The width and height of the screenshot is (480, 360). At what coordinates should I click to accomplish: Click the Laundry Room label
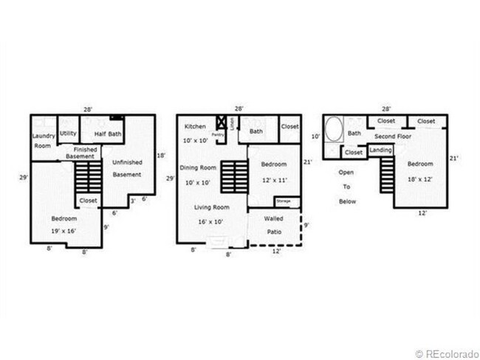pos(44,141)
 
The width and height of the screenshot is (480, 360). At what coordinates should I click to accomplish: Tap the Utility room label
pos(68,134)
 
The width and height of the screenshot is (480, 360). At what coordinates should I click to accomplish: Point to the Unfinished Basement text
pos(126,168)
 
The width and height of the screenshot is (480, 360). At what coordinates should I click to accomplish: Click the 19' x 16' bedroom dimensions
pos(64,231)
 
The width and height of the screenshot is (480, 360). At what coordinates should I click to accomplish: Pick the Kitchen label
pos(196,127)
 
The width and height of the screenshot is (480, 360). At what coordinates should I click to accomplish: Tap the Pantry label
pos(218,135)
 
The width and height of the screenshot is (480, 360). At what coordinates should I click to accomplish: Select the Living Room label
pos(210,207)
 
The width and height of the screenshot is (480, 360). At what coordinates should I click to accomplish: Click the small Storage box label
pos(283,201)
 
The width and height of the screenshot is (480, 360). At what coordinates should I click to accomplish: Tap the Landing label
pos(381,150)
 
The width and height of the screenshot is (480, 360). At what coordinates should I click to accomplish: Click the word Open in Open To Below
pos(346,172)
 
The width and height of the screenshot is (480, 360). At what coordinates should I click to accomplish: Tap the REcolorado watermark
pos(447,353)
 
